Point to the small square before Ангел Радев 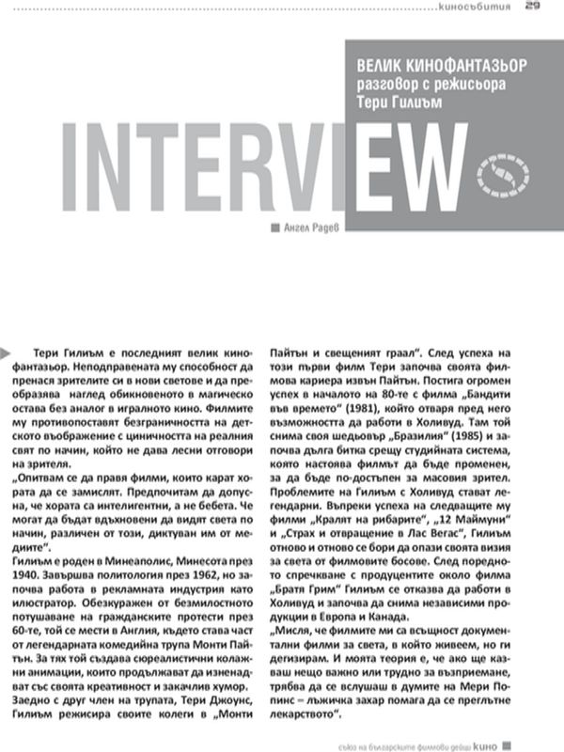pos(274,227)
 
